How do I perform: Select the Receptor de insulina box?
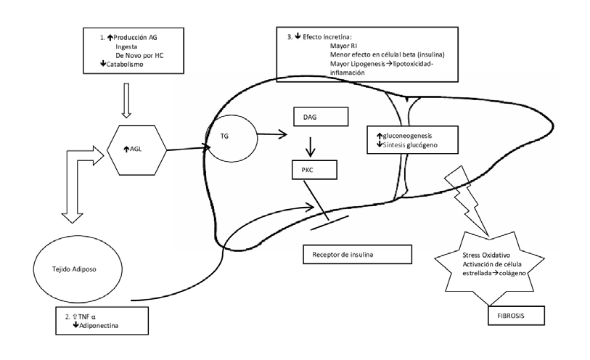357,254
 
